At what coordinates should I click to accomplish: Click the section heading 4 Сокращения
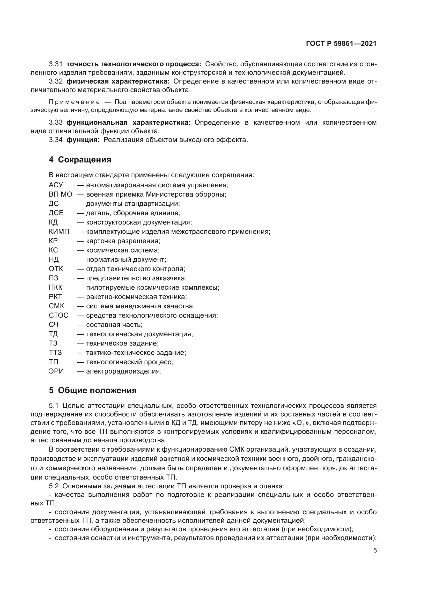pyautogui.click(x=80, y=160)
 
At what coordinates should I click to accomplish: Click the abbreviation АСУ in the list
pyautogui.click(x=56, y=185)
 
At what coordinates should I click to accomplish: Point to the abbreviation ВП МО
pyautogui.click(x=60, y=195)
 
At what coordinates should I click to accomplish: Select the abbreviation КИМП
pyautogui.click(x=59, y=231)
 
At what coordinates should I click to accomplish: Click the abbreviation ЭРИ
pyautogui.click(x=56, y=371)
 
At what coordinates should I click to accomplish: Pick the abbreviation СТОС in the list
pyautogui.click(x=58, y=315)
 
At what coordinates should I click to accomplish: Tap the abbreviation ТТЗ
pyautogui.click(x=55, y=353)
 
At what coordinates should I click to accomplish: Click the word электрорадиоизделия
pyautogui.click(x=124, y=371)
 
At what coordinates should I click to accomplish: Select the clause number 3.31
pyautogui.click(x=56, y=64)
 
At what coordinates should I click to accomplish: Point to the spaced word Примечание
pyautogui.click(x=74, y=102)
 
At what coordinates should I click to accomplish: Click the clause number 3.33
pyautogui.click(x=56, y=123)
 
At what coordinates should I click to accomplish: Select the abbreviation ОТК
pyautogui.click(x=56, y=269)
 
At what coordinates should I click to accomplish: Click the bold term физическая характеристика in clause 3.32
pyautogui.click(x=118, y=81)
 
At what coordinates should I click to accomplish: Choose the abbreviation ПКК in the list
pyautogui.click(x=56, y=287)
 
